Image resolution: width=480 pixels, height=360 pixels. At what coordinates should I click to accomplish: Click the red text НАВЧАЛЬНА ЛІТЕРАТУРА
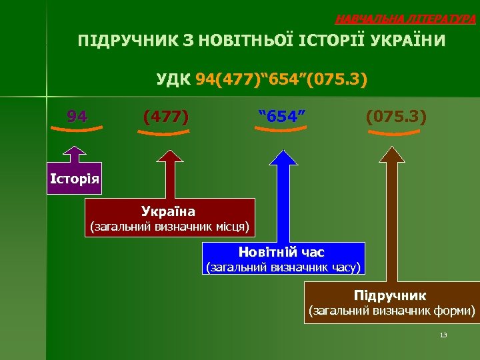click(x=405, y=19)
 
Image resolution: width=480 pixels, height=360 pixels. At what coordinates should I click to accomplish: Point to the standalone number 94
click(x=77, y=117)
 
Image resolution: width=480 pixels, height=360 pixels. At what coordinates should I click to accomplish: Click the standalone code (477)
click(x=165, y=117)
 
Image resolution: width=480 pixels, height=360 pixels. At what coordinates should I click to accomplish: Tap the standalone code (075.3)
click(x=396, y=117)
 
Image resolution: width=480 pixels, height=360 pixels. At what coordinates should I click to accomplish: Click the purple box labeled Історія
click(x=75, y=178)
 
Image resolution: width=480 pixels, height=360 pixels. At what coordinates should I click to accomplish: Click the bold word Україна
click(x=168, y=211)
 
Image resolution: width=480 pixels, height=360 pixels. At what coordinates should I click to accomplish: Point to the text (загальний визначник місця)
click(x=169, y=227)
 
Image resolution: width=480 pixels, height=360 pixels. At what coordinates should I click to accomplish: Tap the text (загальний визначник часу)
click(x=283, y=268)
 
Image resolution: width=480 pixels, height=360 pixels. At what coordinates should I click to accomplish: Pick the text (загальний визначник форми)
click(x=391, y=310)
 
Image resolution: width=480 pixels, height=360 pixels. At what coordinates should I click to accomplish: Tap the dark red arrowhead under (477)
click(x=171, y=157)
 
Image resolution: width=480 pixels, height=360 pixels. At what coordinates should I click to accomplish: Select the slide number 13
click(x=443, y=335)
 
